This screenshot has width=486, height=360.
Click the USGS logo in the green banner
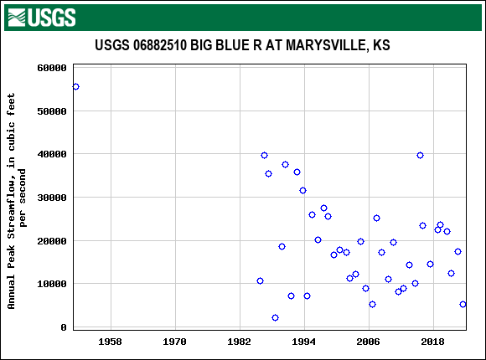click(41, 17)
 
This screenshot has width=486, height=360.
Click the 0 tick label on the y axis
click(64, 327)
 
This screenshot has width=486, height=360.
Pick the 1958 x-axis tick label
click(110, 342)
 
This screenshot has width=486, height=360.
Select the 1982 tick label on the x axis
click(240, 342)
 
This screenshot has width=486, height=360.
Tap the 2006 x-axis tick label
click(368, 342)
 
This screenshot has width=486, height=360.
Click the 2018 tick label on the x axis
click(432, 342)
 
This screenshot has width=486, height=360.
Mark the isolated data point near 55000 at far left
click(75, 86)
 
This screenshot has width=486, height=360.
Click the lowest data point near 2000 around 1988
click(275, 317)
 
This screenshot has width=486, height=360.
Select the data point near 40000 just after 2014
click(420, 155)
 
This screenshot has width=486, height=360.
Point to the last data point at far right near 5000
click(463, 304)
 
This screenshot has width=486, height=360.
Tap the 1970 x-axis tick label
click(174, 342)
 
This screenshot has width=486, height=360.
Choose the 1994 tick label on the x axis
click(304, 342)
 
